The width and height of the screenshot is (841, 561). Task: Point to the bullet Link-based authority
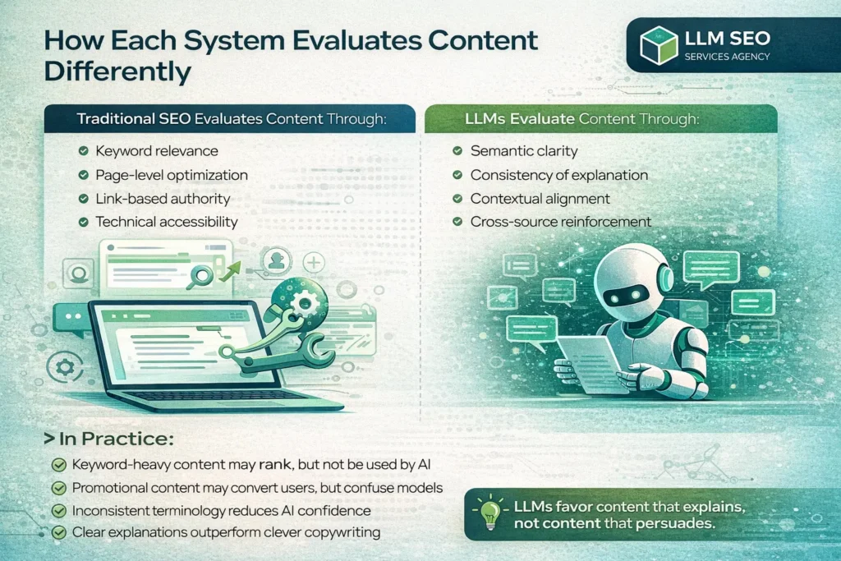(x=163, y=199)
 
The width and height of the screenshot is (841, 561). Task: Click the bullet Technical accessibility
(x=167, y=222)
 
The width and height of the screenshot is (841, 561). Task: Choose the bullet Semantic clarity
(x=524, y=151)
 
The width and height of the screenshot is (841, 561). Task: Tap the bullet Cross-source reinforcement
(x=561, y=222)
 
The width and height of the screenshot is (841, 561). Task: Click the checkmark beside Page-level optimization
(x=83, y=175)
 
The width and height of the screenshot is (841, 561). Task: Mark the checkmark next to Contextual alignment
(x=458, y=199)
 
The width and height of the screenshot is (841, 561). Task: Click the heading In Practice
(x=110, y=439)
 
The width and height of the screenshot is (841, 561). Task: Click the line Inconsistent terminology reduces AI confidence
(x=221, y=510)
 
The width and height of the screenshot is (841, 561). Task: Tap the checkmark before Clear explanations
(x=58, y=532)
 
